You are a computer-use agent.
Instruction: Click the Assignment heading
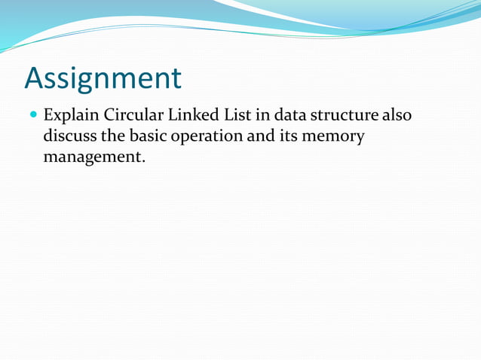pos(103,78)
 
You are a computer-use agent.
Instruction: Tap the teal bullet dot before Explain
pos(32,117)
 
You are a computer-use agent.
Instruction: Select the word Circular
pos(128,117)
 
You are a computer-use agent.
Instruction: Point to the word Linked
pos(186,117)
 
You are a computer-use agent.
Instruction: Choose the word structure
pos(344,117)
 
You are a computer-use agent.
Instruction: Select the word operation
pos(203,138)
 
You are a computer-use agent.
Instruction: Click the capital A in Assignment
pos(35,78)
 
